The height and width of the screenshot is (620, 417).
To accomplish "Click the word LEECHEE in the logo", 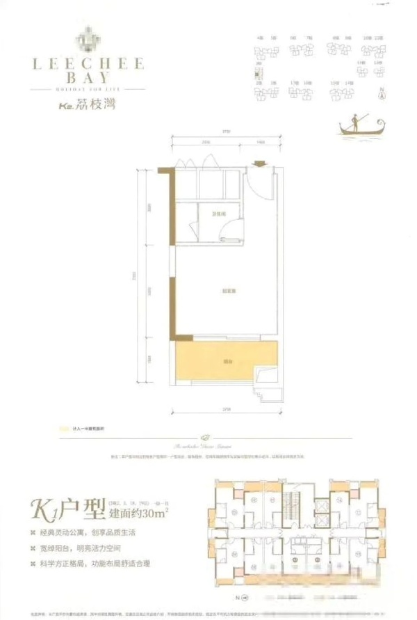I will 87,63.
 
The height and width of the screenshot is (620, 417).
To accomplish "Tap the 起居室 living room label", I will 227,290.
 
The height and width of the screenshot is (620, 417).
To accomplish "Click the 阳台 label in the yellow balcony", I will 227,361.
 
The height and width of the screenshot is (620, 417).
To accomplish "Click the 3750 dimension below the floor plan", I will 227,410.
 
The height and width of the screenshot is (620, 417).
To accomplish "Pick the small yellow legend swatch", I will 65,429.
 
